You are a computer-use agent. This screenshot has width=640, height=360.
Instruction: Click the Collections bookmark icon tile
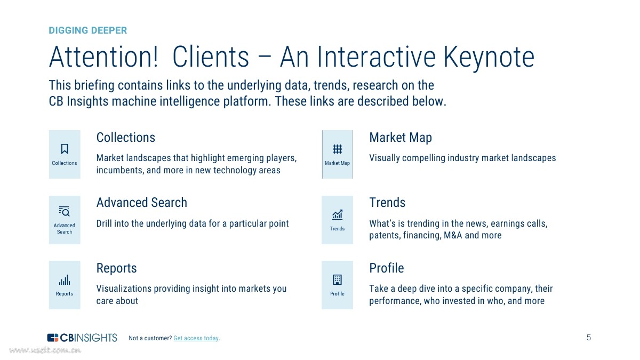65,154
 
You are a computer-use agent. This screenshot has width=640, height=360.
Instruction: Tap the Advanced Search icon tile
65,220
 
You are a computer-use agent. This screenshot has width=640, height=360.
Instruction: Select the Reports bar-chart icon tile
65,285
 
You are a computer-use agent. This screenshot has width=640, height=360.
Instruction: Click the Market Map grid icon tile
337,154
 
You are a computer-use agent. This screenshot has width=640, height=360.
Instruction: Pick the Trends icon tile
337,220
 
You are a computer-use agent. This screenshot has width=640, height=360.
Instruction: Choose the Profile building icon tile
337,285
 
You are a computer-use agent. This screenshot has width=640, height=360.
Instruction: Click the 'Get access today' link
196,338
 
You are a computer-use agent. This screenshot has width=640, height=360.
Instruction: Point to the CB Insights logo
82,338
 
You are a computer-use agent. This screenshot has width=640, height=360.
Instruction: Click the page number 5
589,337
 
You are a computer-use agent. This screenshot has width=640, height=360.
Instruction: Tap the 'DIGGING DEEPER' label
88,30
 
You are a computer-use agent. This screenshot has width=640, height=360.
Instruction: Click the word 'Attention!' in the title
103,57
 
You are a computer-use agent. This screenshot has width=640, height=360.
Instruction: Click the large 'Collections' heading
126,138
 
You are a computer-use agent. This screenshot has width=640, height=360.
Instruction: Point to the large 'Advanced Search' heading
142,203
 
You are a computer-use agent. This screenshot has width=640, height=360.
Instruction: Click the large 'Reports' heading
116,268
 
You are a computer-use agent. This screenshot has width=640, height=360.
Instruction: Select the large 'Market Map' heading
401,138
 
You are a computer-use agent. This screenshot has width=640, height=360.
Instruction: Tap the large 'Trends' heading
387,203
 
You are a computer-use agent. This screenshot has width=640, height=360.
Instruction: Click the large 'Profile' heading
387,268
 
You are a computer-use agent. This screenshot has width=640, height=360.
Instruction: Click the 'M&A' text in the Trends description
453,236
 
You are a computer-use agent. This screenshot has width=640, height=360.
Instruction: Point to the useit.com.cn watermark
45,350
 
